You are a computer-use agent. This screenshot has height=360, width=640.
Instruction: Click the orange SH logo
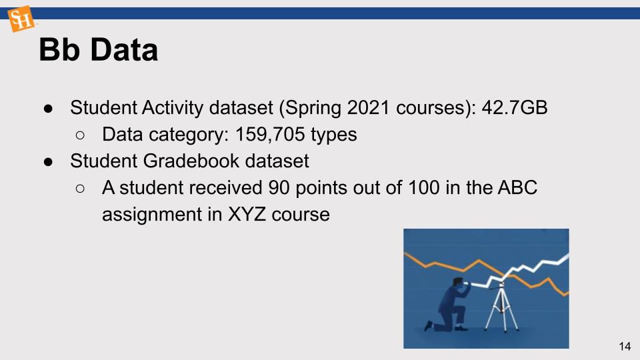(x=21, y=19)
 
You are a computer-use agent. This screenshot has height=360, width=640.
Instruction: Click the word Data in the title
(x=124, y=50)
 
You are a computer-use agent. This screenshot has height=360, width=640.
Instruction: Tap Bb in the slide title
(x=59, y=50)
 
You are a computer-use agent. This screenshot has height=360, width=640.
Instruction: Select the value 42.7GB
(x=514, y=108)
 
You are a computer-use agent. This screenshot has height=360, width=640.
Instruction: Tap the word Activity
(x=173, y=109)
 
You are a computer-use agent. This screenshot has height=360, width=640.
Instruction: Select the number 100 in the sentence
(x=424, y=188)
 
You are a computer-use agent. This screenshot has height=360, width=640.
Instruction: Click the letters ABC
(x=517, y=188)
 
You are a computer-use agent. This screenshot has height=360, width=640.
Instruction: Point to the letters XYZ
(x=247, y=214)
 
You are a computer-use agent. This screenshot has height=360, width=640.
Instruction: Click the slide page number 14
(x=625, y=347)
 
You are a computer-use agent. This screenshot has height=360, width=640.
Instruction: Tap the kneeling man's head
(x=459, y=284)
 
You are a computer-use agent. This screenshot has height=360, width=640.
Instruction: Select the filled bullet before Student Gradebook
(x=48, y=162)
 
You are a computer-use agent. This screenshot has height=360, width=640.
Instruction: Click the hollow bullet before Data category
(x=80, y=135)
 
